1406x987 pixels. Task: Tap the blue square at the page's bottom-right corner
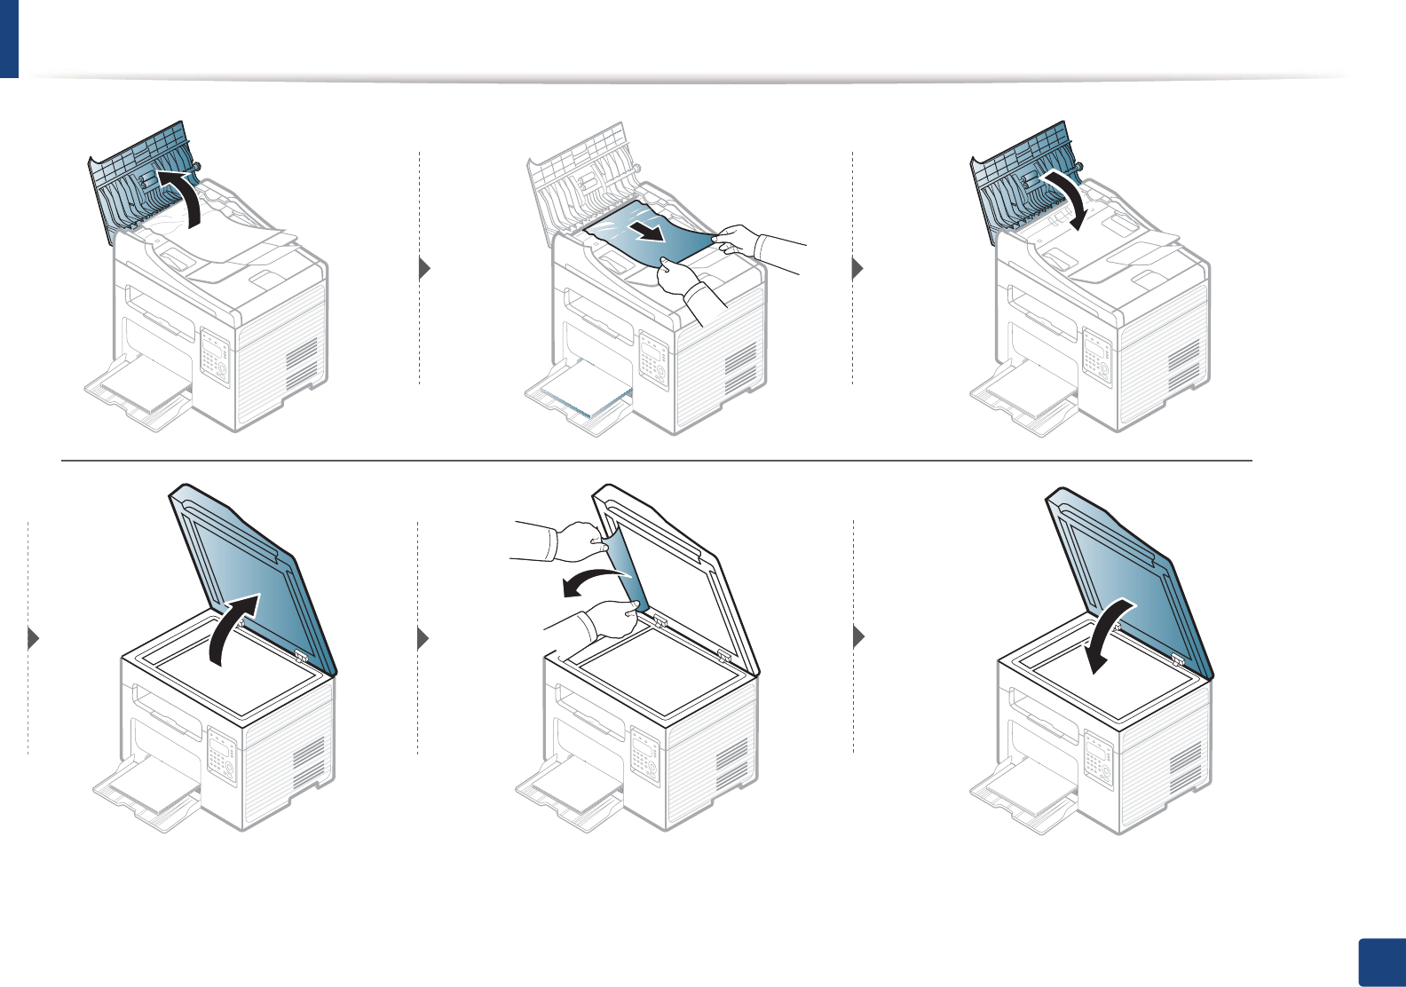click(x=1382, y=963)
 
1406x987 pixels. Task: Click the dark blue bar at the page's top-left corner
click(x=9, y=38)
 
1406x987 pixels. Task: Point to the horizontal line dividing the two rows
click(x=657, y=461)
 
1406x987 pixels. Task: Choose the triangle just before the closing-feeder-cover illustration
click(x=857, y=268)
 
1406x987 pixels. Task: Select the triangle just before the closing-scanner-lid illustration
click(x=857, y=637)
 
